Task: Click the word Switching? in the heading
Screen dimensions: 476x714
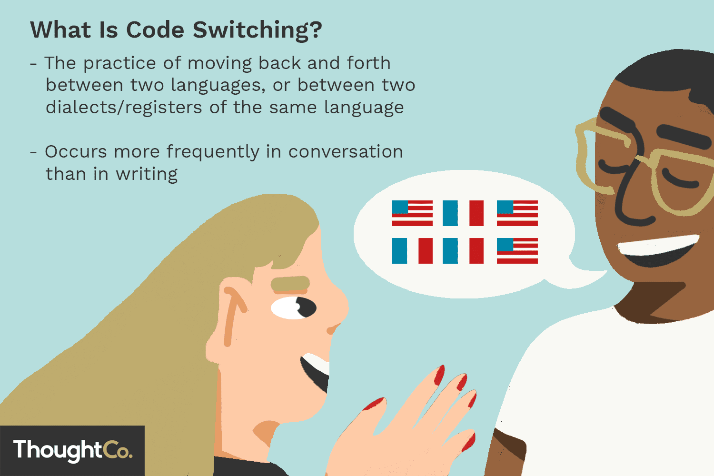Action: coord(258,30)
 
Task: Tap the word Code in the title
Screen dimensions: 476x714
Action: coord(155,30)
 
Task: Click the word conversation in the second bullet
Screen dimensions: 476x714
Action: coord(346,152)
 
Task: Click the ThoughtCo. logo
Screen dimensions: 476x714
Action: coord(72,450)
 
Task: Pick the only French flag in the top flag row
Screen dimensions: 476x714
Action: coord(463,213)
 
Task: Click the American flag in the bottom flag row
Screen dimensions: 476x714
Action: coord(517,251)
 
